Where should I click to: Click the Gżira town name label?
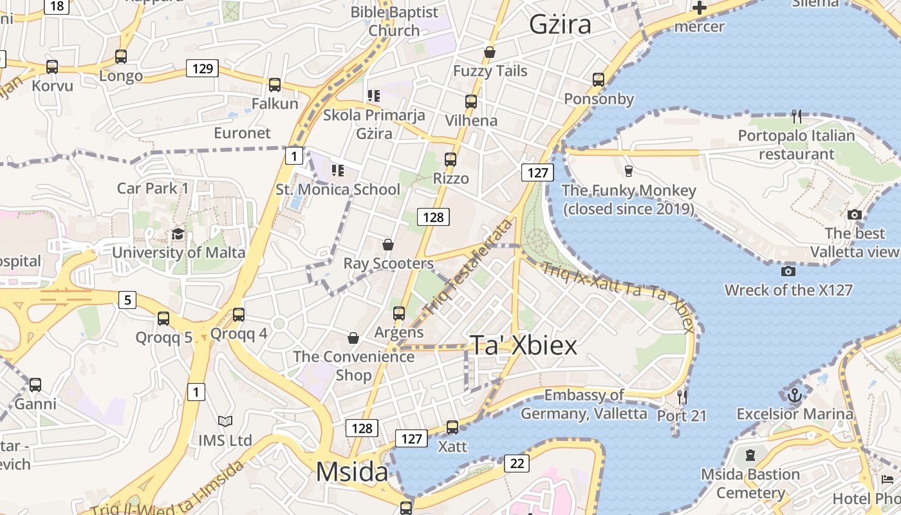pyautogui.click(x=560, y=24)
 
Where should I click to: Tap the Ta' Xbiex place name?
pyautogui.click(x=523, y=346)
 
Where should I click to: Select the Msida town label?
pyautogui.click(x=352, y=473)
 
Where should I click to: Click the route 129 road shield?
pyautogui.click(x=202, y=68)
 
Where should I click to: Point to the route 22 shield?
pyautogui.click(x=517, y=463)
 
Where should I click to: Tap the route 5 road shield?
pyautogui.click(x=127, y=299)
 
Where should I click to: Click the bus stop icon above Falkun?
pyautogui.click(x=275, y=84)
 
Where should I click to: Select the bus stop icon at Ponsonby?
pyautogui.click(x=599, y=80)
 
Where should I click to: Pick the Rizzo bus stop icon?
pyautogui.click(x=450, y=159)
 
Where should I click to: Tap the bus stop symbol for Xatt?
pyautogui.click(x=452, y=427)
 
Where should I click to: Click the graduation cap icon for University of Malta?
pyautogui.click(x=178, y=234)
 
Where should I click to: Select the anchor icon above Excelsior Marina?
pyautogui.click(x=794, y=394)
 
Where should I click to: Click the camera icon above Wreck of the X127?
pyautogui.click(x=788, y=271)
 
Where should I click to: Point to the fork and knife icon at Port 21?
pyautogui.click(x=682, y=397)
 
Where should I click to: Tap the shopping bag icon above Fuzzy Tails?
pyautogui.click(x=490, y=52)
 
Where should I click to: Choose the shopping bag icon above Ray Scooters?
pyautogui.click(x=388, y=245)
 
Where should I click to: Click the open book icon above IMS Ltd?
pyautogui.click(x=225, y=421)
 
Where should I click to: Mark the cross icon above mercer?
pyautogui.click(x=699, y=8)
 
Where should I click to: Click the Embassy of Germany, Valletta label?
pyautogui.click(x=584, y=404)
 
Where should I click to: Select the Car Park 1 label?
pyautogui.click(x=153, y=188)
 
